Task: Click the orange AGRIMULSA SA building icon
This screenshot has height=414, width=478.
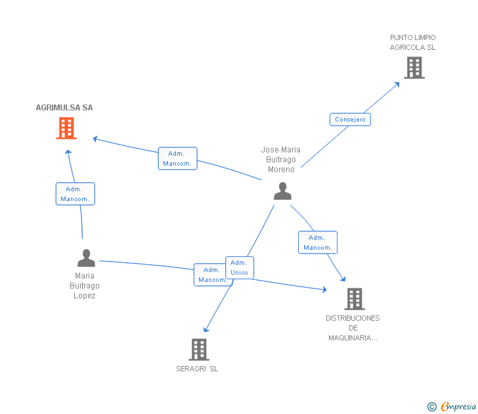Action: (66, 128)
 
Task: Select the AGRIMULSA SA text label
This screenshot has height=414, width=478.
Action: (64, 108)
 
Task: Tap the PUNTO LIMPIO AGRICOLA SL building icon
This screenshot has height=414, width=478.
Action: (414, 68)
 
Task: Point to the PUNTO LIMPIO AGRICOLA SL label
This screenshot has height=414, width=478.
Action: (412, 43)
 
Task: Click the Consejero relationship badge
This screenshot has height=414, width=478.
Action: (350, 120)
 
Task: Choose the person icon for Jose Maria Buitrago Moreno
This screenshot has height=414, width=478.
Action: (282, 191)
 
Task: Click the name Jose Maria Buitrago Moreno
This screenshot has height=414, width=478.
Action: (281, 160)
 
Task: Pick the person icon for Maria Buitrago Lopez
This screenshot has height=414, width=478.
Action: (86, 258)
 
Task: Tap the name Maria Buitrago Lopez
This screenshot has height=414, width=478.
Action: (85, 286)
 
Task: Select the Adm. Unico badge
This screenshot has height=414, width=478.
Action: (239, 267)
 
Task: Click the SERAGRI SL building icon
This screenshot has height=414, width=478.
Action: (199, 349)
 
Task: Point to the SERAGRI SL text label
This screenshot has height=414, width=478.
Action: (197, 369)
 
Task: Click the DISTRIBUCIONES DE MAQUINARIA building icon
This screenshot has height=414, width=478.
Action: (354, 299)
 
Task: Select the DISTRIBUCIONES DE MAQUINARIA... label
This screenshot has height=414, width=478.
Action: (353, 328)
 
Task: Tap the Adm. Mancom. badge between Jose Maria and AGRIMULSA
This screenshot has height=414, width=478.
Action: (177, 158)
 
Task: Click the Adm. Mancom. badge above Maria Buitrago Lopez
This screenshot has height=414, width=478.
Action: (75, 194)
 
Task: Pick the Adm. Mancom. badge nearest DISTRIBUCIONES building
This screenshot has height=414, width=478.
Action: (317, 242)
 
